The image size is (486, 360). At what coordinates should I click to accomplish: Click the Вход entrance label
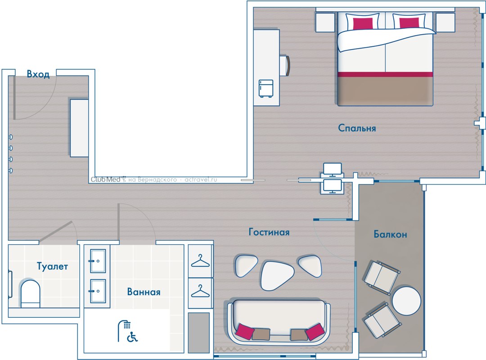pos(38,74)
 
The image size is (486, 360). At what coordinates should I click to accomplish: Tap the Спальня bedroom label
pos(357,128)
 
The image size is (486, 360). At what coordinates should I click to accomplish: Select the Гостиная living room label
pos(269,232)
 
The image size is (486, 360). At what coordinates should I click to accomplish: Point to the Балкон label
pos(390,234)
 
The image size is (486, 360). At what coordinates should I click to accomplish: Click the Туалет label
pos(52,266)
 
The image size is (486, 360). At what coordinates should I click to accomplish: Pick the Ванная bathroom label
pos(144,292)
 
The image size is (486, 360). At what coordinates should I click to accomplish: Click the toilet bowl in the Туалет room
pos(30,293)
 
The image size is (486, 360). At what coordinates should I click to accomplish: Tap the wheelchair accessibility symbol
pos(132,337)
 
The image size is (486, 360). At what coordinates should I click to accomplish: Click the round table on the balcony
pos(406,301)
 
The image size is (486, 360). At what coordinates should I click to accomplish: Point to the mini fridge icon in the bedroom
pos(266,88)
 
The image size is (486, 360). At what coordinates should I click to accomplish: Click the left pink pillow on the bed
pos(363,23)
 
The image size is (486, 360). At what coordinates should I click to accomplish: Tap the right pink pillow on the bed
pos(409,23)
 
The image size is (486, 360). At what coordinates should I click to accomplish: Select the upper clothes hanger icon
pos(200,261)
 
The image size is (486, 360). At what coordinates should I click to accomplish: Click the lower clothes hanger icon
pos(200,291)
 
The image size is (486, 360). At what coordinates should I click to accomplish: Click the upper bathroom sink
pos(98,261)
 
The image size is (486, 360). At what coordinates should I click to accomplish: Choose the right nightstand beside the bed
pos(445,22)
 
